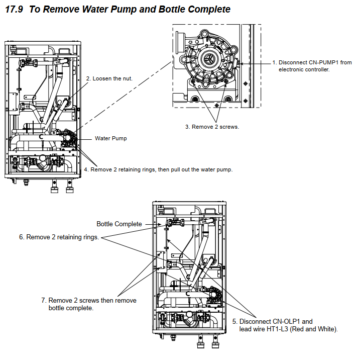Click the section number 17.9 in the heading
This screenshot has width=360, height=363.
[x=14, y=9]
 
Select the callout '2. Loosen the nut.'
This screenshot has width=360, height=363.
[x=109, y=78]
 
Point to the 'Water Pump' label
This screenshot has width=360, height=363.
[x=111, y=138]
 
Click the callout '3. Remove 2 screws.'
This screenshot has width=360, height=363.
[x=212, y=127]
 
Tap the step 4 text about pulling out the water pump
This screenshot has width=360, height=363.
[x=158, y=170]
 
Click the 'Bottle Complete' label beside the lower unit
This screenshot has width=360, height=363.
[x=119, y=224]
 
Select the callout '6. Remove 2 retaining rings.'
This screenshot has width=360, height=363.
[x=59, y=237]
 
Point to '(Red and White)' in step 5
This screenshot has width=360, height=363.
[x=314, y=329]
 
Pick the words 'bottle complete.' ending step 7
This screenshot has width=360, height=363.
[x=71, y=308]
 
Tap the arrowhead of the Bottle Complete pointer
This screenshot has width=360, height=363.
[x=159, y=224]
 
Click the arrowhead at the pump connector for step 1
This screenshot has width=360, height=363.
[x=242, y=64]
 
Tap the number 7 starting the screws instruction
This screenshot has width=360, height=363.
[x=44, y=301]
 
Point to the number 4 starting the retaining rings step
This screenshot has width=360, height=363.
[x=86, y=170]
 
